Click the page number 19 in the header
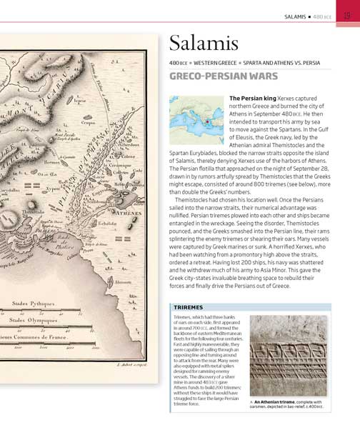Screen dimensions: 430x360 [346, 14]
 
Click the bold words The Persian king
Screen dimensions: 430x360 [250, 98]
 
